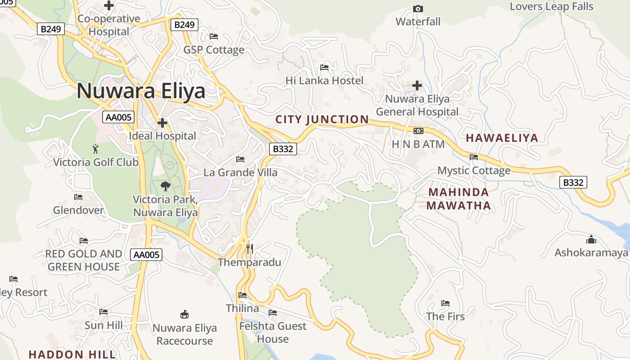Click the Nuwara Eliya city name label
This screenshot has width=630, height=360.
141,91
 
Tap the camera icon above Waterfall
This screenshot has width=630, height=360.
418,9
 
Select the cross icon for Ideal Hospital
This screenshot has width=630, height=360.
162,122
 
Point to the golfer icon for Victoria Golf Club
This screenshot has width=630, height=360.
95,149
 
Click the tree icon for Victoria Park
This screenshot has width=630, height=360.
166,186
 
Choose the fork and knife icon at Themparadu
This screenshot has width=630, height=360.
250,249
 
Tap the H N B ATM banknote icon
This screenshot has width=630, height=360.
418,131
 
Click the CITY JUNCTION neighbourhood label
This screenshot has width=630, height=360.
322,120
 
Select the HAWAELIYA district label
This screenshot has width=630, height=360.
502,138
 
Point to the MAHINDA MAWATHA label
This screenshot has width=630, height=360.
459,199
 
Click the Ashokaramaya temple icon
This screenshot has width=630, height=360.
591,239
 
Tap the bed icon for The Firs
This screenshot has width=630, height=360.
445,303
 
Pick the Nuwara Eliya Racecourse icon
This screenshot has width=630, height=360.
184,314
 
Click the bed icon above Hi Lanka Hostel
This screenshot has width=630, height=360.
324,67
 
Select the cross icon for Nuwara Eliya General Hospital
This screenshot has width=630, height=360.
417,85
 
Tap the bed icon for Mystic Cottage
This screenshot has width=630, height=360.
474,157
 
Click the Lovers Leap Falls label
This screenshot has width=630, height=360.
551,7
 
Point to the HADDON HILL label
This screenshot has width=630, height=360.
72,354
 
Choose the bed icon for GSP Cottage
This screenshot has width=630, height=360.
214,36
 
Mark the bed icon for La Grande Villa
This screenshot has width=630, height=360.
240,159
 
